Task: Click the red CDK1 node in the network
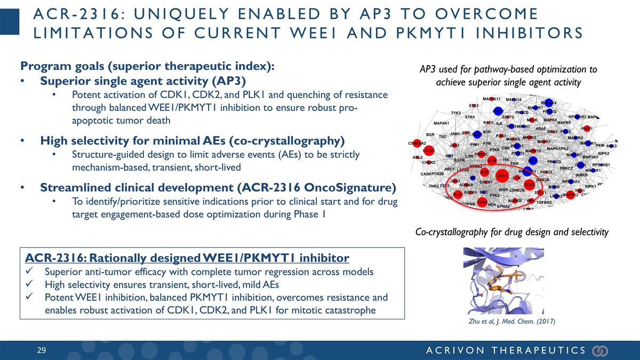point(502,175)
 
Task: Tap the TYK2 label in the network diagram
point(455,113)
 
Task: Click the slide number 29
point(42,350)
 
